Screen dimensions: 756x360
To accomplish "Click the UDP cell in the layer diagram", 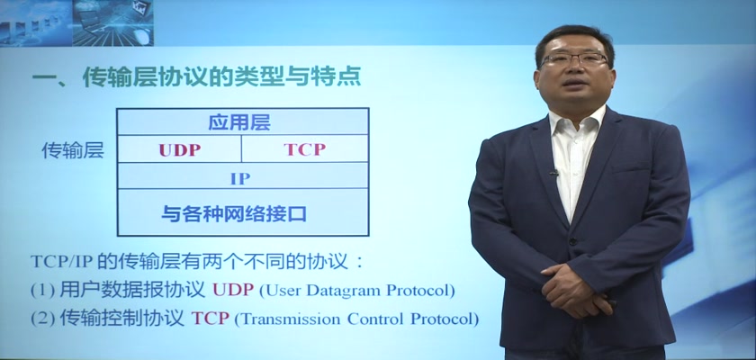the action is click(x=179, y=149).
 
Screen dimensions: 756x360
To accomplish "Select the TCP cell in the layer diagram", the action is click(x=305, y=149).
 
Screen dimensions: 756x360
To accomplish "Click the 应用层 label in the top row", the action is click(x=239, y=123).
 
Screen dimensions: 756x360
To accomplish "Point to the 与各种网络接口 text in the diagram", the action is click(x=233, y=213).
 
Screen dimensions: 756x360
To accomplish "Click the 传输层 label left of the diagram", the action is click(x=72, y=151).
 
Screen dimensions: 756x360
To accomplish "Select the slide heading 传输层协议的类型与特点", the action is click(x=221, y=77).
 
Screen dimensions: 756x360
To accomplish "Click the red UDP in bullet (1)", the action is click(x=233, y=290).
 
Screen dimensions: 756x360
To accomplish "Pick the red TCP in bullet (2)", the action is click(x=210, y=319).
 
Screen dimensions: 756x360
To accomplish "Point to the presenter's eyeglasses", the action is click(x=573, y=59).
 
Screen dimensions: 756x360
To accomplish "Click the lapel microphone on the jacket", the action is click(x=553, y=172).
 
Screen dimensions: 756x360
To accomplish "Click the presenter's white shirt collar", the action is click(x=575, y=121).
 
